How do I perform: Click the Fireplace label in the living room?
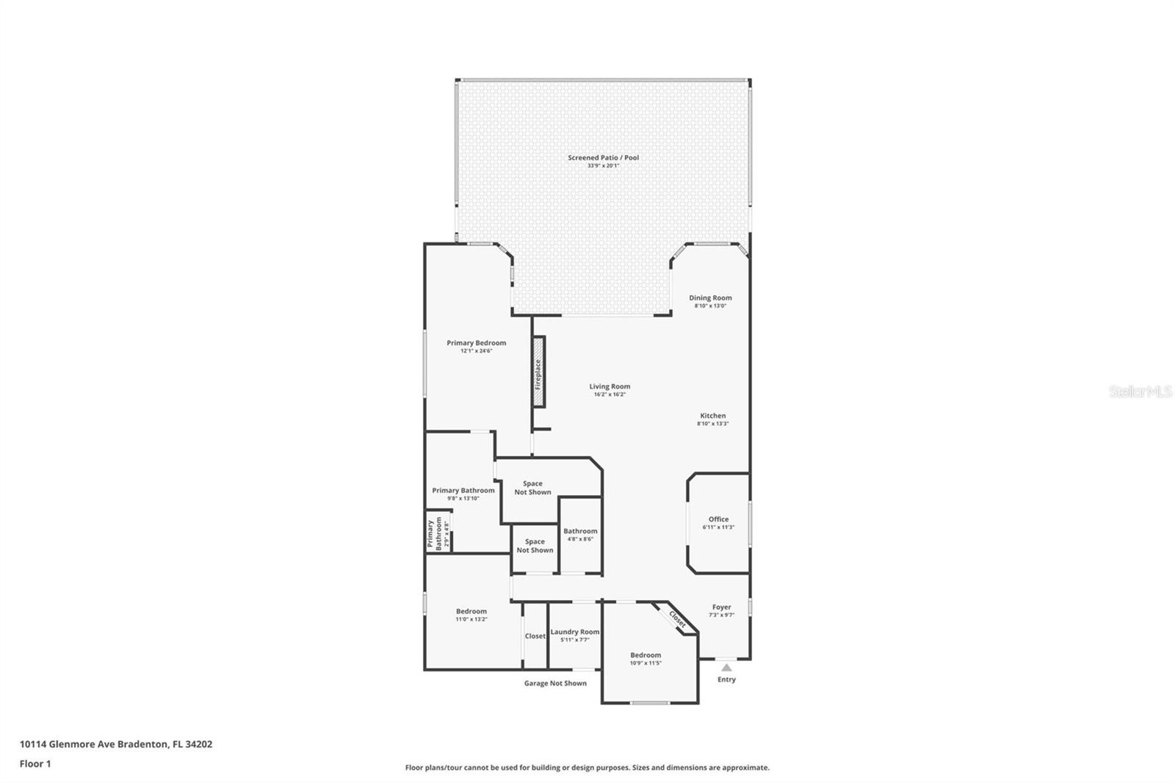point(538,374)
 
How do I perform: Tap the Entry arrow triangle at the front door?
point(726,668)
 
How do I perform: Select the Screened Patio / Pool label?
point(603,157)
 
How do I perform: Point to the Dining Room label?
point(710,297)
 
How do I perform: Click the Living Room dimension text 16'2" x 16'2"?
point(610,394)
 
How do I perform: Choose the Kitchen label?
point(713,416)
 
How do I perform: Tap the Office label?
point(719,519)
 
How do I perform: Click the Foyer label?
point(721,607)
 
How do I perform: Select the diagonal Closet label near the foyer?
point(677,619)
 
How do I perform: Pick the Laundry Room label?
point(575,632)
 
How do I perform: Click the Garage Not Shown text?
point(555,683)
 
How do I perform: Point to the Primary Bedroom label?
point(477,343)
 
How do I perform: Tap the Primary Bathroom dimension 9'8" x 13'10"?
point(463,499)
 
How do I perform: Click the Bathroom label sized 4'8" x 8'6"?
point(580,531)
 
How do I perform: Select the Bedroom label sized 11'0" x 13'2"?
point(471,611)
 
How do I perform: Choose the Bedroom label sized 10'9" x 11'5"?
point(646,655)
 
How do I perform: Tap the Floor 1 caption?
point(35,764)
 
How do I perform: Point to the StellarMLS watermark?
point(1140,391)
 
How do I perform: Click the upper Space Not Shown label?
point(532,488)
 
